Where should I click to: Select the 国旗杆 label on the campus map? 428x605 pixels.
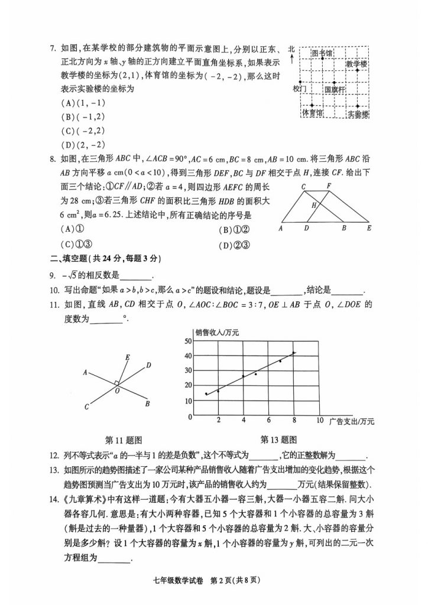[x=335, y=89]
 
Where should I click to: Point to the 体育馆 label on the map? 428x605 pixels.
[x=312, y=112]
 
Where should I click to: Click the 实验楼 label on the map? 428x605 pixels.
[x=358, y=113]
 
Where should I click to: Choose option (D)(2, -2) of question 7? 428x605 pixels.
[x=83, y=145]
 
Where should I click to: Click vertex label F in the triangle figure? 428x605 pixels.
[x=329, y=186]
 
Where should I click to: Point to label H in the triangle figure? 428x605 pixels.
[x=315, y=205]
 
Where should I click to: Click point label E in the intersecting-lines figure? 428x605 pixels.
[x=127, y=357]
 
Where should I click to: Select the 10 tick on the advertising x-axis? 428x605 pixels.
[x=320, y=420]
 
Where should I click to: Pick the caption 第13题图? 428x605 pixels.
[x=278, y=440]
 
